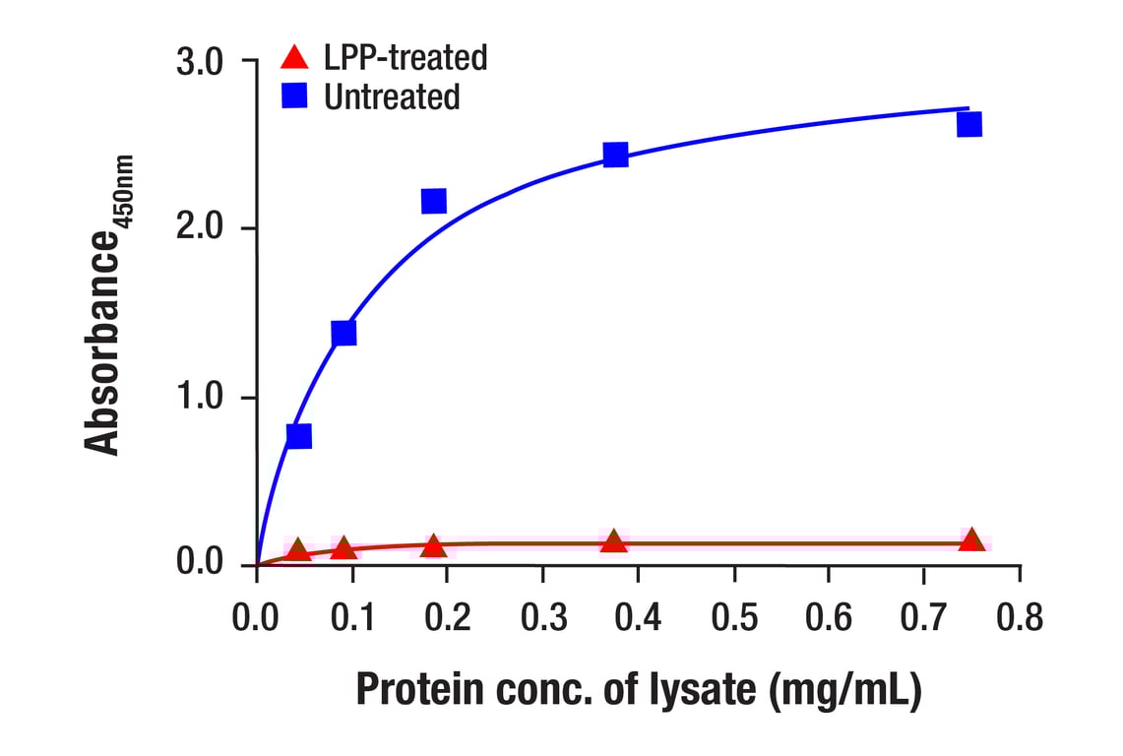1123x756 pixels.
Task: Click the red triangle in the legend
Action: point(293,57)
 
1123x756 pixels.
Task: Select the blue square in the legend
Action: point(293,96)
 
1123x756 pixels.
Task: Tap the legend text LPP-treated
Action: point(405,58)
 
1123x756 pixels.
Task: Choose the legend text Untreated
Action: point(391,97)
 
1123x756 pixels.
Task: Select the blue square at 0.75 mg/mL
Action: point(968,124)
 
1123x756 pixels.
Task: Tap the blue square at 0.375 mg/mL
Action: point(615,154)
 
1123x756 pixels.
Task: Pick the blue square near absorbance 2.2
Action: point(433,201)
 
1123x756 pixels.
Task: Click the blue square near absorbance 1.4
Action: point(343,333)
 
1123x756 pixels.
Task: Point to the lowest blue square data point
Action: point(298,435)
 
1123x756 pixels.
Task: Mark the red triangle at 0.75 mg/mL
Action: point(971,539)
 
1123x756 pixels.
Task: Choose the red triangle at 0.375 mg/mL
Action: point(614,541)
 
